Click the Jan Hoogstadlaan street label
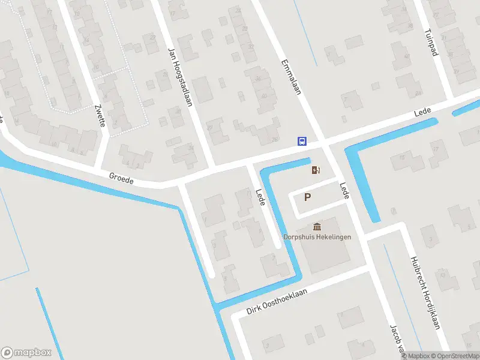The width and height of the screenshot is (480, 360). coord(180,77)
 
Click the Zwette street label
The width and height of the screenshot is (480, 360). coord(100,116)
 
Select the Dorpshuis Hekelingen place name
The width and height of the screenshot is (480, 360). coord(317,236)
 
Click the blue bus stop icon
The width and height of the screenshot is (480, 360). coord(302,142)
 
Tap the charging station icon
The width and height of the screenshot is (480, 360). coord(316,170)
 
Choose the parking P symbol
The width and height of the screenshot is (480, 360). coord(308,197)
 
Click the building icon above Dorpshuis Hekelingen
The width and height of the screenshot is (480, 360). coord(317,226)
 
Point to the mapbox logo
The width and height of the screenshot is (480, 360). coord(25,353)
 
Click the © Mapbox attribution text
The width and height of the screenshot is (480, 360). coord(417,356)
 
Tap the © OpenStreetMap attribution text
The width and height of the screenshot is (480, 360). coord(457,356)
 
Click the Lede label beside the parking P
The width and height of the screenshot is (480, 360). coord(344,191)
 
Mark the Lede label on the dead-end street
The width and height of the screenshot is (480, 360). coord(260,197)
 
